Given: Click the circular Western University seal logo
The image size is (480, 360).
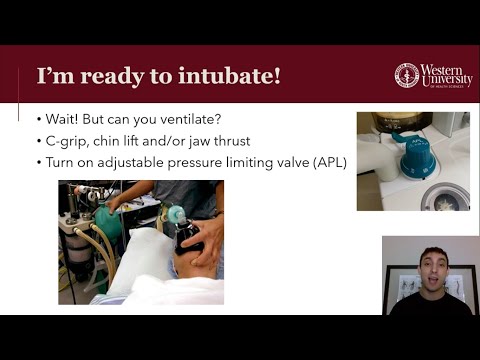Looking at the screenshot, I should (x=407, y=75).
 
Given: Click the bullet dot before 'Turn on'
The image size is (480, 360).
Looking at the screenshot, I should (x=38, y=163).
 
